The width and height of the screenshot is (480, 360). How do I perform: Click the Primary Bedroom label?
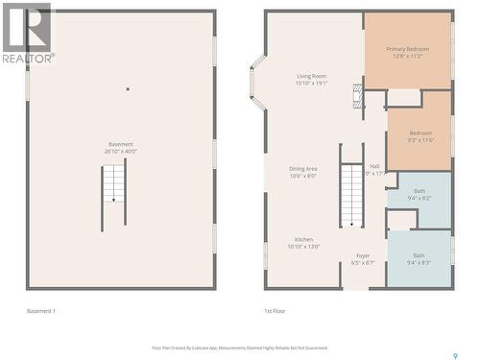[407, 52]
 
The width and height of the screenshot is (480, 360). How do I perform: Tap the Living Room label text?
[311, 79]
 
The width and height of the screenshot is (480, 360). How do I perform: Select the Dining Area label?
[303, 172]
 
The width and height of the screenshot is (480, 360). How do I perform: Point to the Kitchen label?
[303, 243]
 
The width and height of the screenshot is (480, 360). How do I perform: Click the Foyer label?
[363, 258]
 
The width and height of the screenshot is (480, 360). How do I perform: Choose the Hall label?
[374, 169]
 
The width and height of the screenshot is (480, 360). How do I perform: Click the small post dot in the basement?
[127, 89]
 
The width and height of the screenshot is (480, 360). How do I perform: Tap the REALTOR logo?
[26, 34]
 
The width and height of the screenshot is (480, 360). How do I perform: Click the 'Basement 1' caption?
[41, 310]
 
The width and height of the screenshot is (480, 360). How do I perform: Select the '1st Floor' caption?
[276, 310]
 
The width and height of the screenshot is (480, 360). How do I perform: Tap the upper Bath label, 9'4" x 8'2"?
[420, 194]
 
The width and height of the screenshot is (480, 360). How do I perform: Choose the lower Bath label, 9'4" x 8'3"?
[420, 258]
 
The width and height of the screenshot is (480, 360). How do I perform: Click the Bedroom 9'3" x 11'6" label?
[420, 136]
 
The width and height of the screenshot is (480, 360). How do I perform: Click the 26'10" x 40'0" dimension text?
[121, 151]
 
